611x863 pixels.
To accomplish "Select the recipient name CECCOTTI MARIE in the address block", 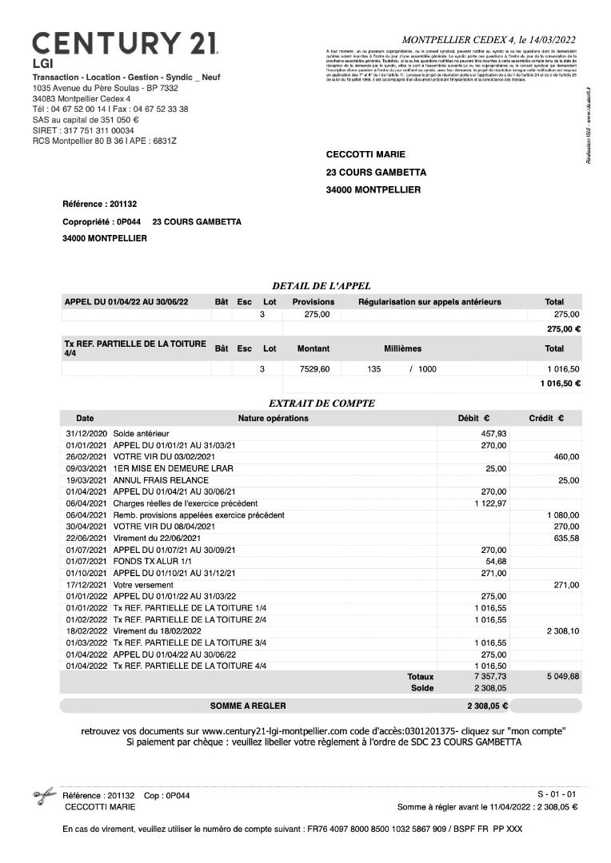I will coord(365,154).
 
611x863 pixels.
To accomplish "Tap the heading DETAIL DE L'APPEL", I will coord(321,285).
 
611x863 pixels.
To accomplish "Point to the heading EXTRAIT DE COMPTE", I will coord(322,404).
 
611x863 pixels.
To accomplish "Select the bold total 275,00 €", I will coord(563,328).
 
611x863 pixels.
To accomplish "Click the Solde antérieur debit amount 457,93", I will coord(492,433).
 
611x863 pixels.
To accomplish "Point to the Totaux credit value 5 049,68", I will coord(561,676).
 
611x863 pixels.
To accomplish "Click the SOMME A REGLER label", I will coord(247,706).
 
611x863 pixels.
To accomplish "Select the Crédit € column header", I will coord(546,418).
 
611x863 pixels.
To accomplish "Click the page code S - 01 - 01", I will coord(557,794).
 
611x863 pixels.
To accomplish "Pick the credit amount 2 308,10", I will coord(561,630).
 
